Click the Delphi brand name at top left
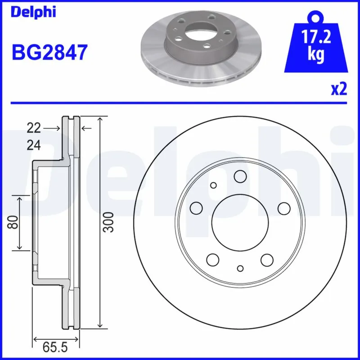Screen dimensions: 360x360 point(33,12)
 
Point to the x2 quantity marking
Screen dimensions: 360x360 point(339,90)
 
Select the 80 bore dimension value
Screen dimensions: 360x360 point(13,223)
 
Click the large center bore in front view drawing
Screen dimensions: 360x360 point(239,223)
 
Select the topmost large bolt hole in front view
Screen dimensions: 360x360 point(239,176)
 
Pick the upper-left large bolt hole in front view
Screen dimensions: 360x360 point(196,208)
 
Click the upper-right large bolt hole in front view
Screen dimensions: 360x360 point(283,208)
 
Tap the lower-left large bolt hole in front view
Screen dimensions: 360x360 point(212,259)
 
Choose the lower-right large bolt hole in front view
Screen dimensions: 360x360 point(267,259)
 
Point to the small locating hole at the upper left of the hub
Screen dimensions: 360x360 point(213,185)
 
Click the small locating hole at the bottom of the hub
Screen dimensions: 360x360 point(240,269)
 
